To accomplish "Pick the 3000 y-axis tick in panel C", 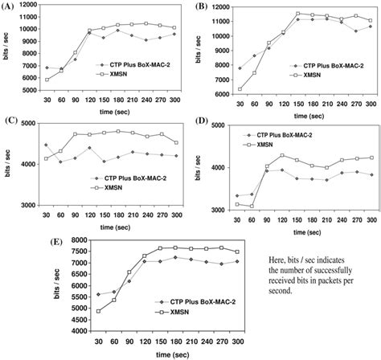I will (31, 206).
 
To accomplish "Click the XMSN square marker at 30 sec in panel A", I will (47, 80).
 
